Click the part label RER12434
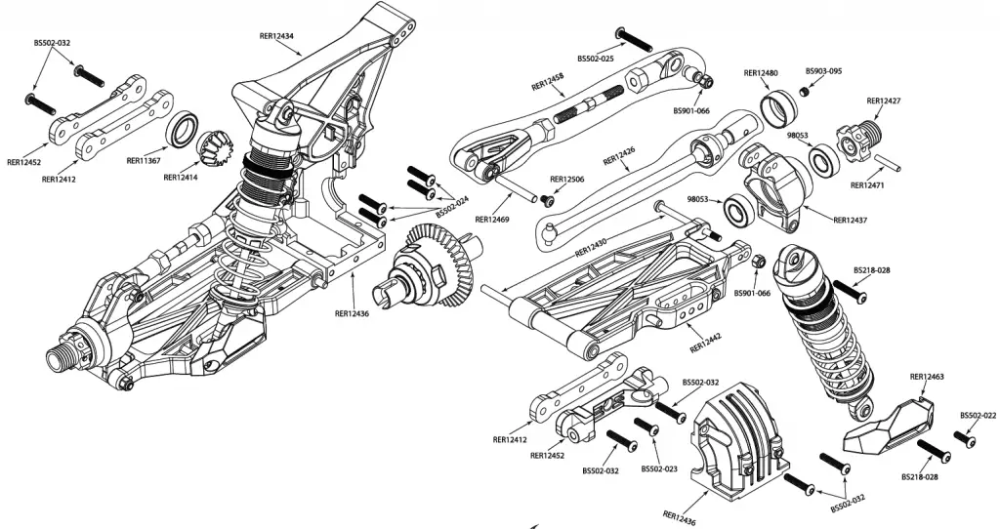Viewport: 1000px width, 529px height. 278,36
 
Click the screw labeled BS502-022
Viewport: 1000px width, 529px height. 969,439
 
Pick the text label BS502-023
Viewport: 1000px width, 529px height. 660,468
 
